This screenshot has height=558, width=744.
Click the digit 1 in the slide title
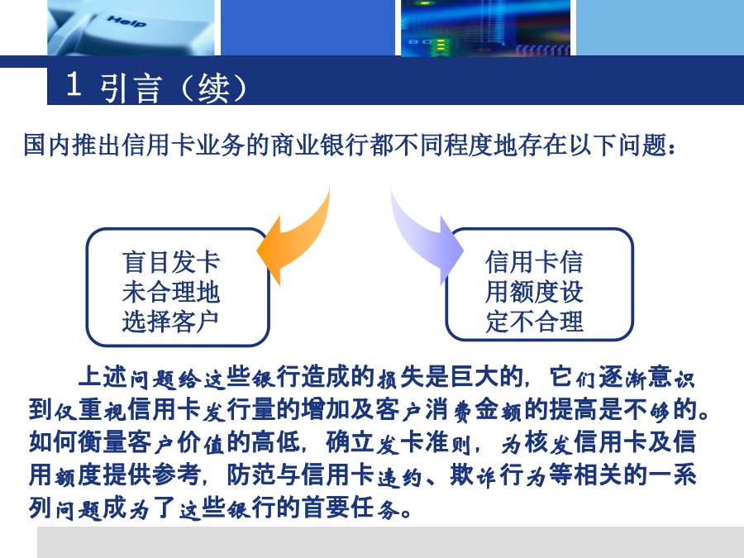point(74,84)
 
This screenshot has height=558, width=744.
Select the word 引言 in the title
point(131,88)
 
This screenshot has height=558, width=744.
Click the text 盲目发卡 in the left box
point(171,262)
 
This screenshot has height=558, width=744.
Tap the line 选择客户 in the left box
point(171,322)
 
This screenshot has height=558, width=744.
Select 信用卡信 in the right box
point(534,262)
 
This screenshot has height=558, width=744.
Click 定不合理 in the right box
point(534,322)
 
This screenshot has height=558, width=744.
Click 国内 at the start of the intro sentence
point(47,145)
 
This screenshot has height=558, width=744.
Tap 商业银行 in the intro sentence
point(319,145)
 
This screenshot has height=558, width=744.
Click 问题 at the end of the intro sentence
point(642,145)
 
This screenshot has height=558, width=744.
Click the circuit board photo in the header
point(485,27)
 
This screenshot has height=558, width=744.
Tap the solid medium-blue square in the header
point(308,27)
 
